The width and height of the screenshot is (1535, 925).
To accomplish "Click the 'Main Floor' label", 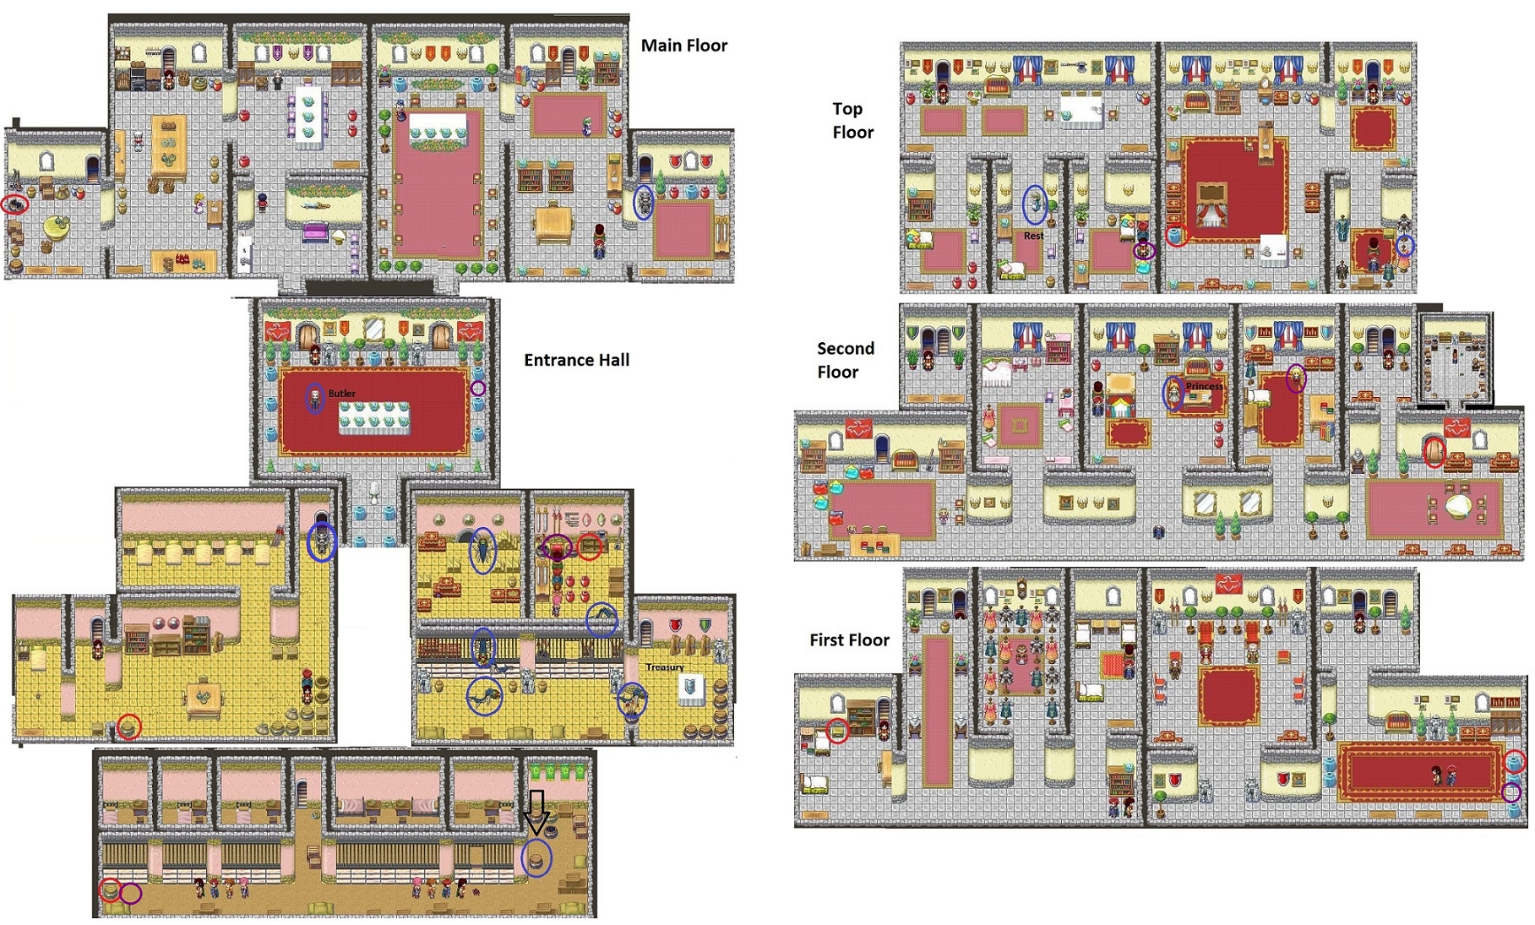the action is pos(683,46).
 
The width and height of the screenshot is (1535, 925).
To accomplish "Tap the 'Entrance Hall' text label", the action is pos(576,360).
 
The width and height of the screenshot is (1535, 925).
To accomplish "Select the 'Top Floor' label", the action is pos(852,120).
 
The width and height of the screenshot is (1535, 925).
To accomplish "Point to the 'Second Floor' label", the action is pos(845,360).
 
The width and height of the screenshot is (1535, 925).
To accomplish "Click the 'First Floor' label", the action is pos(849,639).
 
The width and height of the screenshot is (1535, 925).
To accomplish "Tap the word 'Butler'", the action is pos(342,394).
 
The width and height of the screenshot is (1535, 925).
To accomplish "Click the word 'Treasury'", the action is pos(665,667).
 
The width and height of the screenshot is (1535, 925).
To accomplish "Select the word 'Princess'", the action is pos(1204,386).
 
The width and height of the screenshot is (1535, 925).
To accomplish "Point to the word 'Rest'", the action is pos(1033,237).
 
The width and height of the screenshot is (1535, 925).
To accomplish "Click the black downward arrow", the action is pos(536,813).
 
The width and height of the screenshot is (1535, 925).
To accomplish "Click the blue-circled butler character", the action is pos(315,398).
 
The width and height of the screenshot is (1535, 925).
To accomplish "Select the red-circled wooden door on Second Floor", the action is pos(1434,453).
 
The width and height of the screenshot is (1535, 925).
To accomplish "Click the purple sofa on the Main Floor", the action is pos(315,231).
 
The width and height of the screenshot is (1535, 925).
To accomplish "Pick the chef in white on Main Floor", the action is pos(139,140).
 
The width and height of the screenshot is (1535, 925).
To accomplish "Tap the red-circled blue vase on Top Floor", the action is pos(1175,236).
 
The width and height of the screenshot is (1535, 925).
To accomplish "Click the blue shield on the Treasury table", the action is pos(690,687).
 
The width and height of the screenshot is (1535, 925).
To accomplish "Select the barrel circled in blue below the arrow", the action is pos(535,858).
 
